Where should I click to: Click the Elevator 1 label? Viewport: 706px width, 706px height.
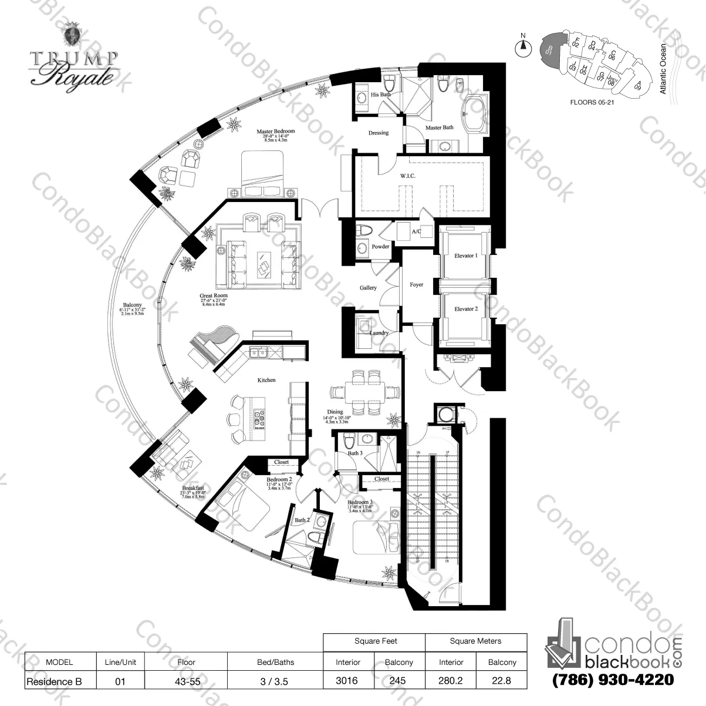(465, 256)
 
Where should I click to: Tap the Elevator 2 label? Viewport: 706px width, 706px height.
(465, 309)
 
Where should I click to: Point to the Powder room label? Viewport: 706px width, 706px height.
(380, 247)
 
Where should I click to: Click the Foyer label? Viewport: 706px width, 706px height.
(416, 285)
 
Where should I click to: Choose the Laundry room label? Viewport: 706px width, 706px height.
(379, 333)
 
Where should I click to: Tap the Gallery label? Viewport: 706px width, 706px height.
(368, 288)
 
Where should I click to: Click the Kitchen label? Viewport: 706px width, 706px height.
(266, 380)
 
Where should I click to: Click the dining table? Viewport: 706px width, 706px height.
(358, 392)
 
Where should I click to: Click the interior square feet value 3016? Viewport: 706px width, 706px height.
(348, 681)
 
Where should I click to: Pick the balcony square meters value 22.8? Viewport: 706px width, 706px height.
(502, 681)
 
